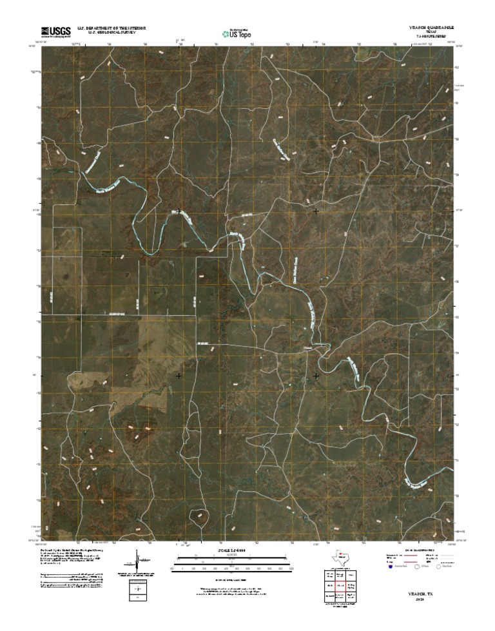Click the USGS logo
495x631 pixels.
coord(56,31)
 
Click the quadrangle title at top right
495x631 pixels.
coord(429,28)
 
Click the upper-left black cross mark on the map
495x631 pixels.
coord(178,211)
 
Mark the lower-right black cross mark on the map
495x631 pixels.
coord(316,375)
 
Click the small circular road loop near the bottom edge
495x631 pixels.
coord(201,516)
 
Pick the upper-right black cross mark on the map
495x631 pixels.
coord(316,211)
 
